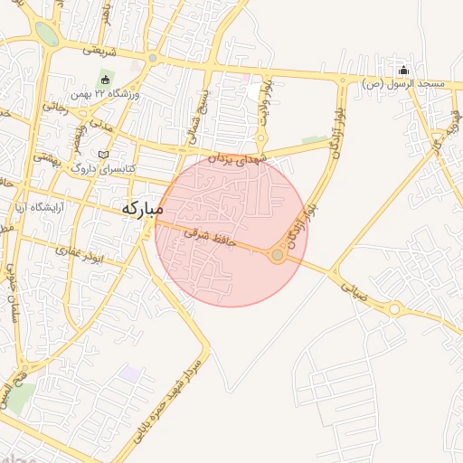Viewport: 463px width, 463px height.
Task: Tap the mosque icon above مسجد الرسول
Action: [403, 71]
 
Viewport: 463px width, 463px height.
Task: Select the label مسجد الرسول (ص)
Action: [403, 83]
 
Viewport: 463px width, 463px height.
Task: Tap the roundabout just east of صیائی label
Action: [393, 309]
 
